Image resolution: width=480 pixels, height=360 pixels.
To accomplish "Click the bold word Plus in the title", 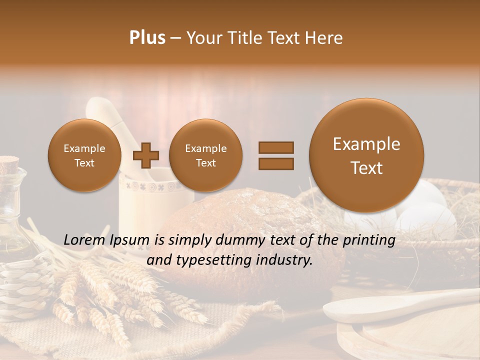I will click(x=147, y=38).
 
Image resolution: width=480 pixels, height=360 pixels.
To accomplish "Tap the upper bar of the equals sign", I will click(x=275, y=147).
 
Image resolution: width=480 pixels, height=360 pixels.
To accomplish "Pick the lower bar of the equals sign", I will click(x=275, y=163).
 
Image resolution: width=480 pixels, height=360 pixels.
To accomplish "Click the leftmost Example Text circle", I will click(x=84, y=155).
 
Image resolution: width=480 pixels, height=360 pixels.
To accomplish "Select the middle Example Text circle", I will click(x=205, y=155).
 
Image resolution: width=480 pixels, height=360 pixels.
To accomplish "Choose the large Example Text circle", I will click(x=366, y=155).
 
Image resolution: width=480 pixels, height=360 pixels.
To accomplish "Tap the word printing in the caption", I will click(x=369, y=240).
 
